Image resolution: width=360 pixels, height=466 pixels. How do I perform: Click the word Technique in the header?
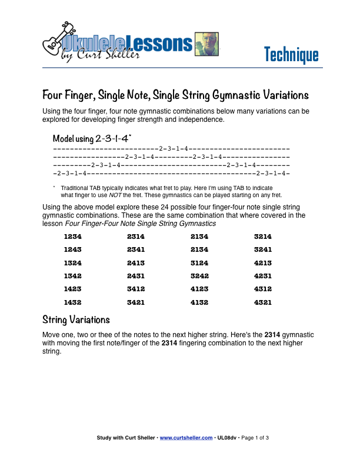(x=291, y=55)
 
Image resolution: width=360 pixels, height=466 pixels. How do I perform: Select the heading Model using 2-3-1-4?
(x=92, y=139)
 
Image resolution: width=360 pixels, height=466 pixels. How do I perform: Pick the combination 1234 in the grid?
(x=73, y=237)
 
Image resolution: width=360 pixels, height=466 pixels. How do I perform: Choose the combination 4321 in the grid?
(x=262, y=302)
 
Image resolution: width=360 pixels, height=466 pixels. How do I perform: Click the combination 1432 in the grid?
(x=73, y=302)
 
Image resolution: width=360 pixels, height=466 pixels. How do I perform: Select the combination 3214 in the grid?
(x=262, y=237)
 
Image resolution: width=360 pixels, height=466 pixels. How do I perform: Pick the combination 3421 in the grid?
(x=136, y=302)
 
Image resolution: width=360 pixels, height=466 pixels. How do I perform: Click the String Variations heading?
(x=76, y=320)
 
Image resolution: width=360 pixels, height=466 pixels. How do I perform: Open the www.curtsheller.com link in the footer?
(x=186, y=438)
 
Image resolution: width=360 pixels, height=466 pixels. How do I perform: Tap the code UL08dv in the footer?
(x=228, y=438)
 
